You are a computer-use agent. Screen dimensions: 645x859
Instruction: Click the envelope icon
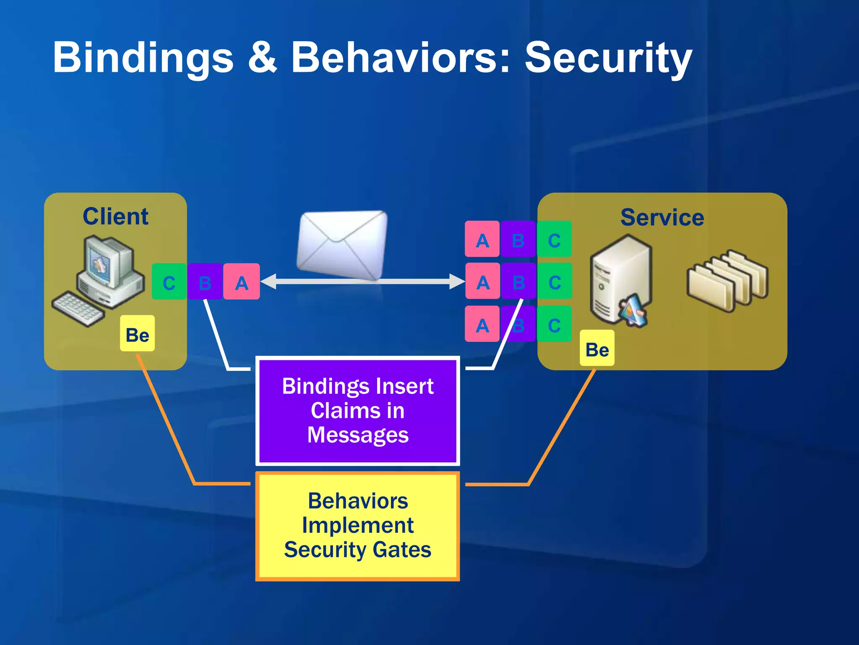point(342,245)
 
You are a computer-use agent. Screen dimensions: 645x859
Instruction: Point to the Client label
point(115,217)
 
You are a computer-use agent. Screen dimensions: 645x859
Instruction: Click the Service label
point(662,218)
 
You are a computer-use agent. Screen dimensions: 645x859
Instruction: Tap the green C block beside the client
point(169,282)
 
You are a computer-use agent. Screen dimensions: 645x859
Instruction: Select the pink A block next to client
point(242,282)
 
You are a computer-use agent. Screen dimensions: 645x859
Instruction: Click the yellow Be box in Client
point(137,334)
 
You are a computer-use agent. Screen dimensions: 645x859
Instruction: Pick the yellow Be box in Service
point(597,348)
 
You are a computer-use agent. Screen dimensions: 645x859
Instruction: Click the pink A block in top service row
point(482,239)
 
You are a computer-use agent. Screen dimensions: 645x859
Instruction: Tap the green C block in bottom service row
point(554,324)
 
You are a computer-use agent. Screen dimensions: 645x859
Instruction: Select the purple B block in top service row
point(518,239)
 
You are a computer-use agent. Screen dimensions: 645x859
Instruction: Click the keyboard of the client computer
point(78,309)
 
